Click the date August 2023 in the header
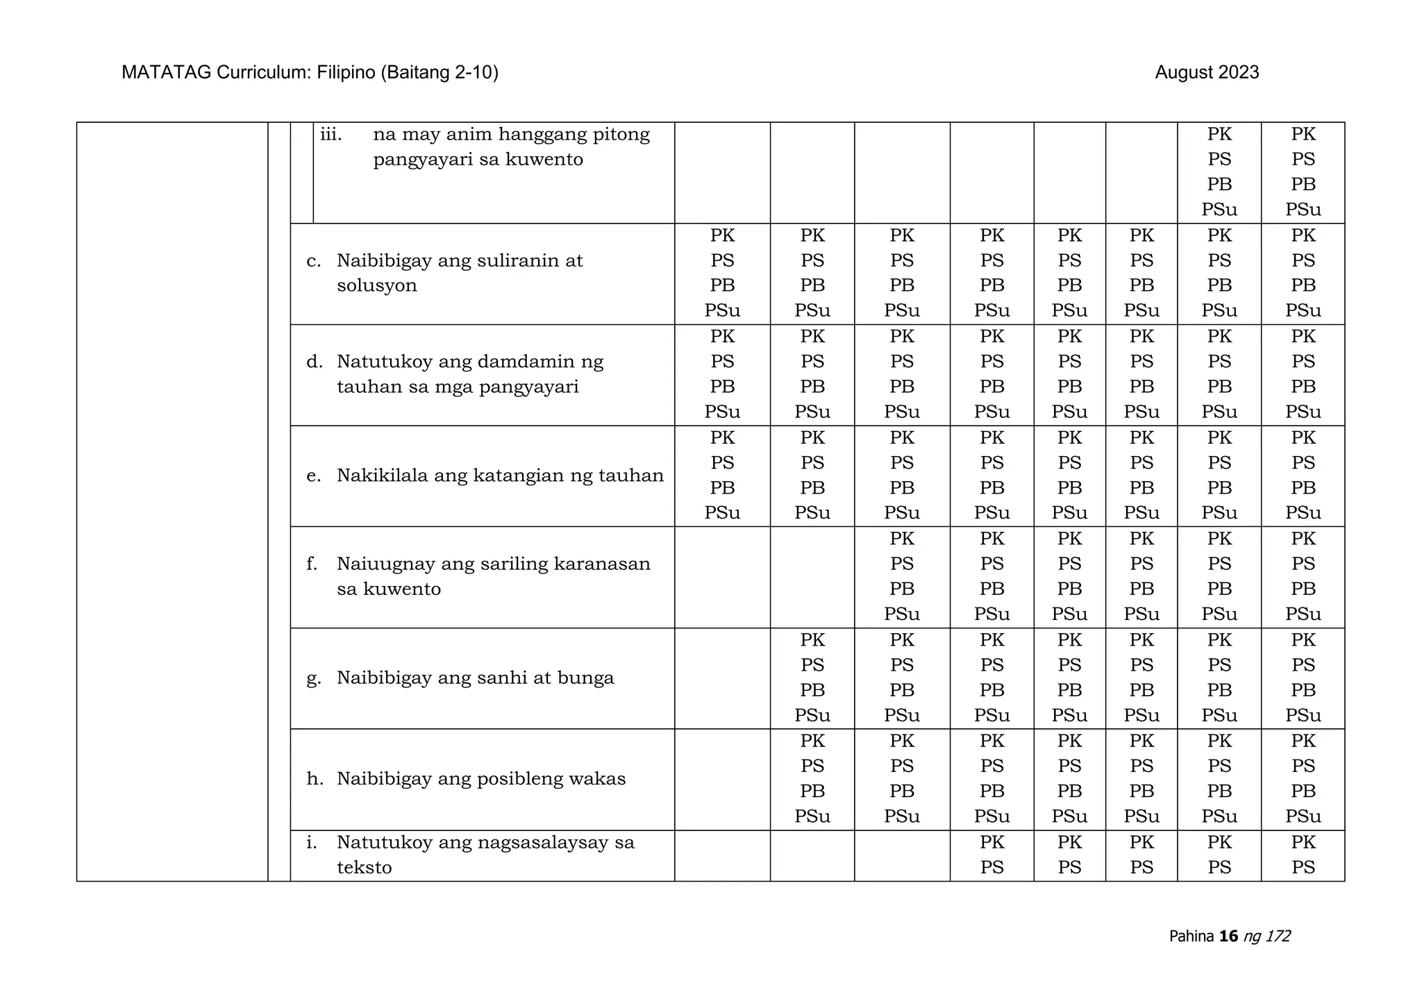tap(1206, 72)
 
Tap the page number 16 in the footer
tap(1228, 936)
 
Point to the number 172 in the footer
tap(1278, 936)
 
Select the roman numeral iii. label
tap(331, 134)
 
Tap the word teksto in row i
tap(364, 868)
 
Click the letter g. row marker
tap(314, 678)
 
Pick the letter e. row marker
tap(313, 476)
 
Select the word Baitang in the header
tap(414, 72)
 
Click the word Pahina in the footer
tap(1191, 936)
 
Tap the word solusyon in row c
tap(376, 286)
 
